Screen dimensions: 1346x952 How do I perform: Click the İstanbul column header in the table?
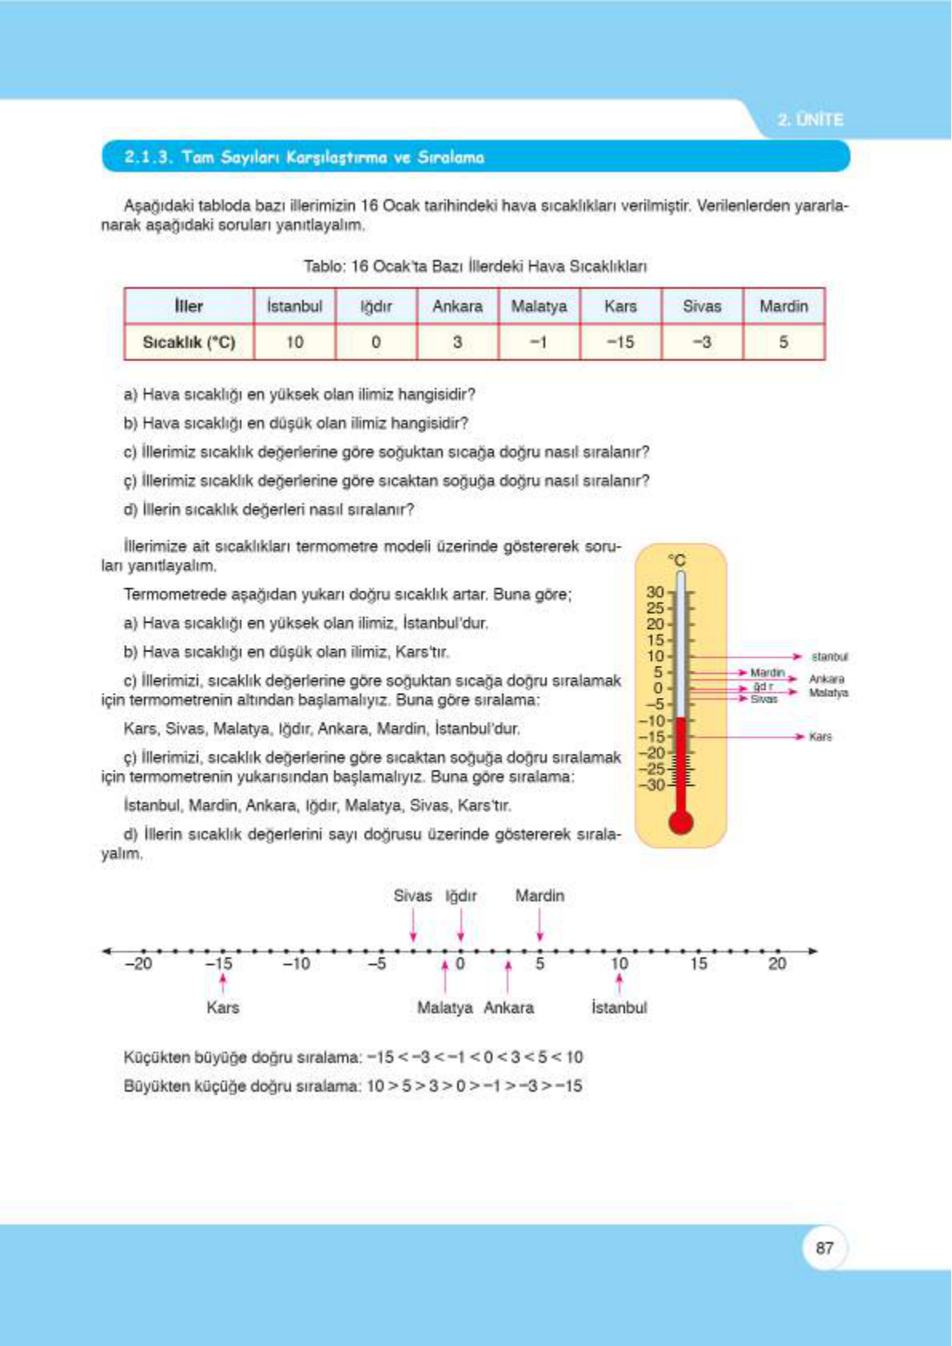coord(295,306)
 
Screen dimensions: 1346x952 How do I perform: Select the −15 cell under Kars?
coord(620,342)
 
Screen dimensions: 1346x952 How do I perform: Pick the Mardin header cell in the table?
coord(783,306)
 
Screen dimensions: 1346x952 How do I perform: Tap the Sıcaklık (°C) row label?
coord(189,342)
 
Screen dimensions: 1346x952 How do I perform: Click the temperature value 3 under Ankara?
coord(457,342)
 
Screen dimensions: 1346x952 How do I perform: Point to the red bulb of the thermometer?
coord(680,822)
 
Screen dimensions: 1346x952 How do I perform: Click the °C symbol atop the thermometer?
coord(677,560)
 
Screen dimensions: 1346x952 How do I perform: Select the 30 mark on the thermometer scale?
coord(655,592)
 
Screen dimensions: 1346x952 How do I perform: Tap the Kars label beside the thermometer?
coord(821,737)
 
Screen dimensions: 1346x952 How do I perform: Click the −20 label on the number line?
coord(138,964)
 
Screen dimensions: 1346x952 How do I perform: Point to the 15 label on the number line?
coord(699,964)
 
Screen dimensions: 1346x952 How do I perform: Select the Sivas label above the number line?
coord(412,896)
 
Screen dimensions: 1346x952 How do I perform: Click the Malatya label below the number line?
coord(444,1008)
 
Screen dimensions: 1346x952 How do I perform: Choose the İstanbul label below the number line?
coord(619,1008)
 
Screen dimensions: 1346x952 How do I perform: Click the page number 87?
coord(825,1248)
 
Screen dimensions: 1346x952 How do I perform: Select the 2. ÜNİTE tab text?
coord(811,120)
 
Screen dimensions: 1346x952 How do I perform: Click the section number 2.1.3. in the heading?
coord(149,157)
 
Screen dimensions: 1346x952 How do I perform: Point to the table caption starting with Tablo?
coord(475,266)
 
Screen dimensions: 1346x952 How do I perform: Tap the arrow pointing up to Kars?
coord(223,982)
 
